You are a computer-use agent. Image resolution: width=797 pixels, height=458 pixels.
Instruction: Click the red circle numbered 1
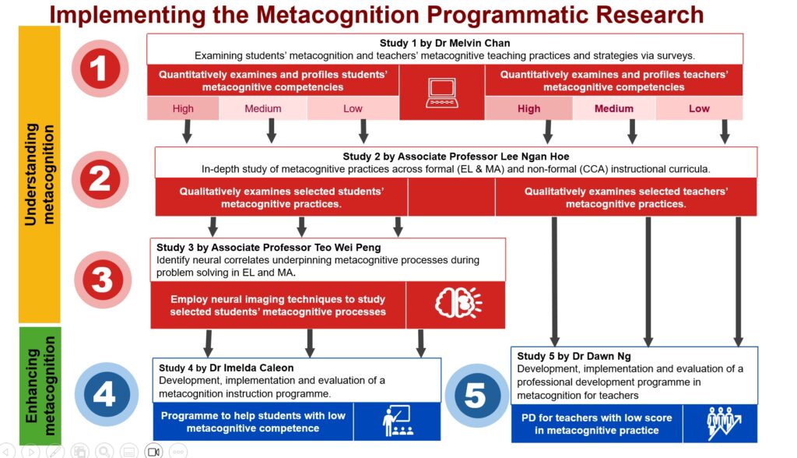pyautogui.click(x=99, y=69)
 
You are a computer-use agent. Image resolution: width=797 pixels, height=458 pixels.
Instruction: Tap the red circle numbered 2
pyautogui.click(x=99, y=179)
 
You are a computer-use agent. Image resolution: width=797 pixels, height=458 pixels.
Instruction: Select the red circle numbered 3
pyautogui.click(x=102, y=280)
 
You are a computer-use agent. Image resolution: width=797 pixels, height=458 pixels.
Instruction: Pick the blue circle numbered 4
pyautogui.click(x=104, y=394)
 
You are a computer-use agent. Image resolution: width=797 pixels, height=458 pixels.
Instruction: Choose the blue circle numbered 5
pyautogui.click(x=475, y=395)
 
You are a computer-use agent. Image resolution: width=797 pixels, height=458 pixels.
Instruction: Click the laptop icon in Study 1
pyautogui.click(x=441, y=92)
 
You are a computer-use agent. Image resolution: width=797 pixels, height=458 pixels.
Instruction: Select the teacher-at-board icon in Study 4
pyautogui.click(x=397, y=421)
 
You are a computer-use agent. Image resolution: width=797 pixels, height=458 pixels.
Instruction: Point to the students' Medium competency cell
pyautogui.click(x=263, y=109)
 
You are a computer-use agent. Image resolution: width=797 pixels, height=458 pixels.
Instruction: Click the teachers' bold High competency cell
pyautogui.click(x=528, y=109)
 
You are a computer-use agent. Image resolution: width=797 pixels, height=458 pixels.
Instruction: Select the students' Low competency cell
pyautogui.click(x=353, y=109)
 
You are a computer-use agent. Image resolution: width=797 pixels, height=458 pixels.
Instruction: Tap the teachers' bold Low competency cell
pyautogui.click(x=699, y=109)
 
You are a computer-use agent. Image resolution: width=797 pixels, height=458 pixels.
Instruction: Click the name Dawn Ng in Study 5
pyautogui.click(x=612, y=356)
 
